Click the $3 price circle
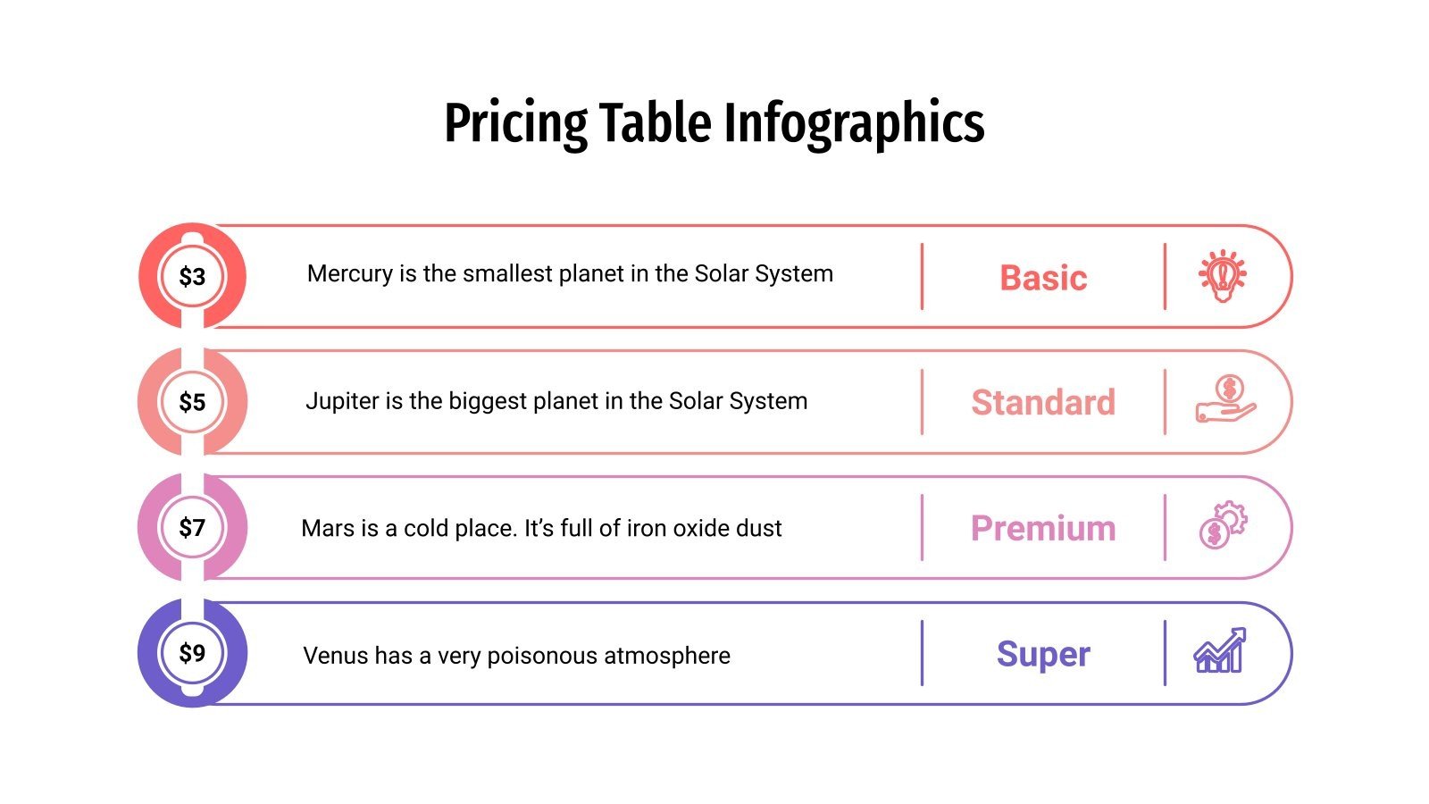point(192,276)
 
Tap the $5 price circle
point(192,402)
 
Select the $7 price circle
point(192,528)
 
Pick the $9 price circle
point(192,653)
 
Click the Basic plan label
point(1043,278)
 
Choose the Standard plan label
point(1043,403)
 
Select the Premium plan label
point(1043,529)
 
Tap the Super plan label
point(1043,654)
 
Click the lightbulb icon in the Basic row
point(1222,276)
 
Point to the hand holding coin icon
point(1225,399)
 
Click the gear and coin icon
point(1223,525)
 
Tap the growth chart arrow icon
point(1220,650)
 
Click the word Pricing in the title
point(515,123)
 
